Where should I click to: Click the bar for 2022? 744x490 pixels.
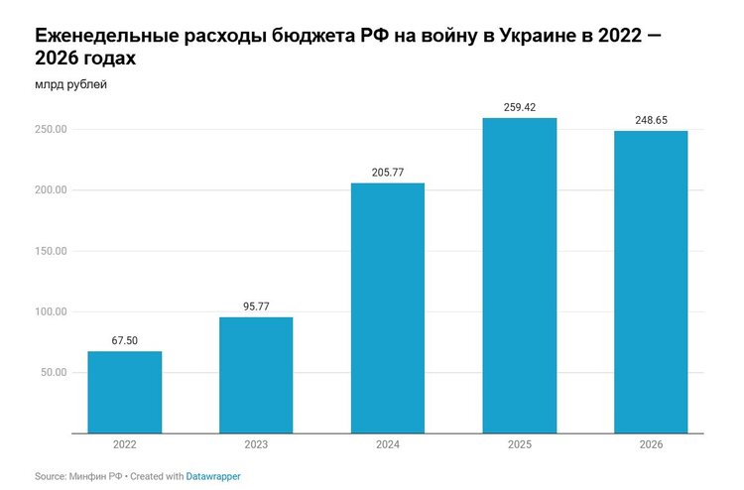click(x=124, y=392)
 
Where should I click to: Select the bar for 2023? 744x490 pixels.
click(x=256, y=375)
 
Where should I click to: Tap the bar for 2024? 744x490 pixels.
click(x=388, y=307)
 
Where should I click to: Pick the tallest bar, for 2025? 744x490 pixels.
click(x=519, y=276)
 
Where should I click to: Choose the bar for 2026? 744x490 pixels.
click(x=651, y=282)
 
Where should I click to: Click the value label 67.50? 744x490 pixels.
click(x=124, y=340)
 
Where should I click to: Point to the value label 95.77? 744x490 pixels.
click(x=256, y=306)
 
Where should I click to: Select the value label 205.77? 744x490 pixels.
click(x=388, y=173)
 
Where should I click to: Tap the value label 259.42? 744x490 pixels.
click(x=519, y=107)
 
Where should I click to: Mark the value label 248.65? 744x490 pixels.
click(x=651, y=120)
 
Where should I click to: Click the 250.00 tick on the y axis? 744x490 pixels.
click(x=50, y=130)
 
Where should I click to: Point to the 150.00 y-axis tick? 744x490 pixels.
click(x=50, y=251)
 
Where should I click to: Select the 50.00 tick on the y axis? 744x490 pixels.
click(x=53, y=372)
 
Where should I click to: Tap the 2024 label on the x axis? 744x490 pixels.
click(x=388, y=444)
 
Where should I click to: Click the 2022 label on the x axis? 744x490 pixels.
click(x=124, y=444)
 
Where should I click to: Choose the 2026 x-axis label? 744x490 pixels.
click(x=651, y=444)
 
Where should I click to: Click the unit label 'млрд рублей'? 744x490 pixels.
click(x=70, y=84)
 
